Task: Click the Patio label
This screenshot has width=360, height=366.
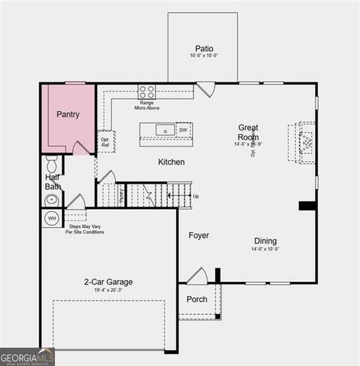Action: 204,47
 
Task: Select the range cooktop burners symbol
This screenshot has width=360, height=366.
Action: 146,91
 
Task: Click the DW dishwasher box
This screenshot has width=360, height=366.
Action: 183,130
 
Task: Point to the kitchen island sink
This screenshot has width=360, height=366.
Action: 166,130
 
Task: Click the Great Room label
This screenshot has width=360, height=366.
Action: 249,132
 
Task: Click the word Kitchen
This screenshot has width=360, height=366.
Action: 172,162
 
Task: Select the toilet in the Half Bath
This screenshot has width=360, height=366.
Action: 52,163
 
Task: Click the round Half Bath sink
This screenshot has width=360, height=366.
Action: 52,200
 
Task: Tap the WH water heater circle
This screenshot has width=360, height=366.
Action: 52,219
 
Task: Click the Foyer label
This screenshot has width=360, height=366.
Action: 198,236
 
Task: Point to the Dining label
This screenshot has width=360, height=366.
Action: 265,240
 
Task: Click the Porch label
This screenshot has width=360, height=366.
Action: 197,299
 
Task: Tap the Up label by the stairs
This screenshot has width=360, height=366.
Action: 196,196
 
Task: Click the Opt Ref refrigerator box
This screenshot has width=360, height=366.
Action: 105,142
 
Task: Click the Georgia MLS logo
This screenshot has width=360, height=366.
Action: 27,356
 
